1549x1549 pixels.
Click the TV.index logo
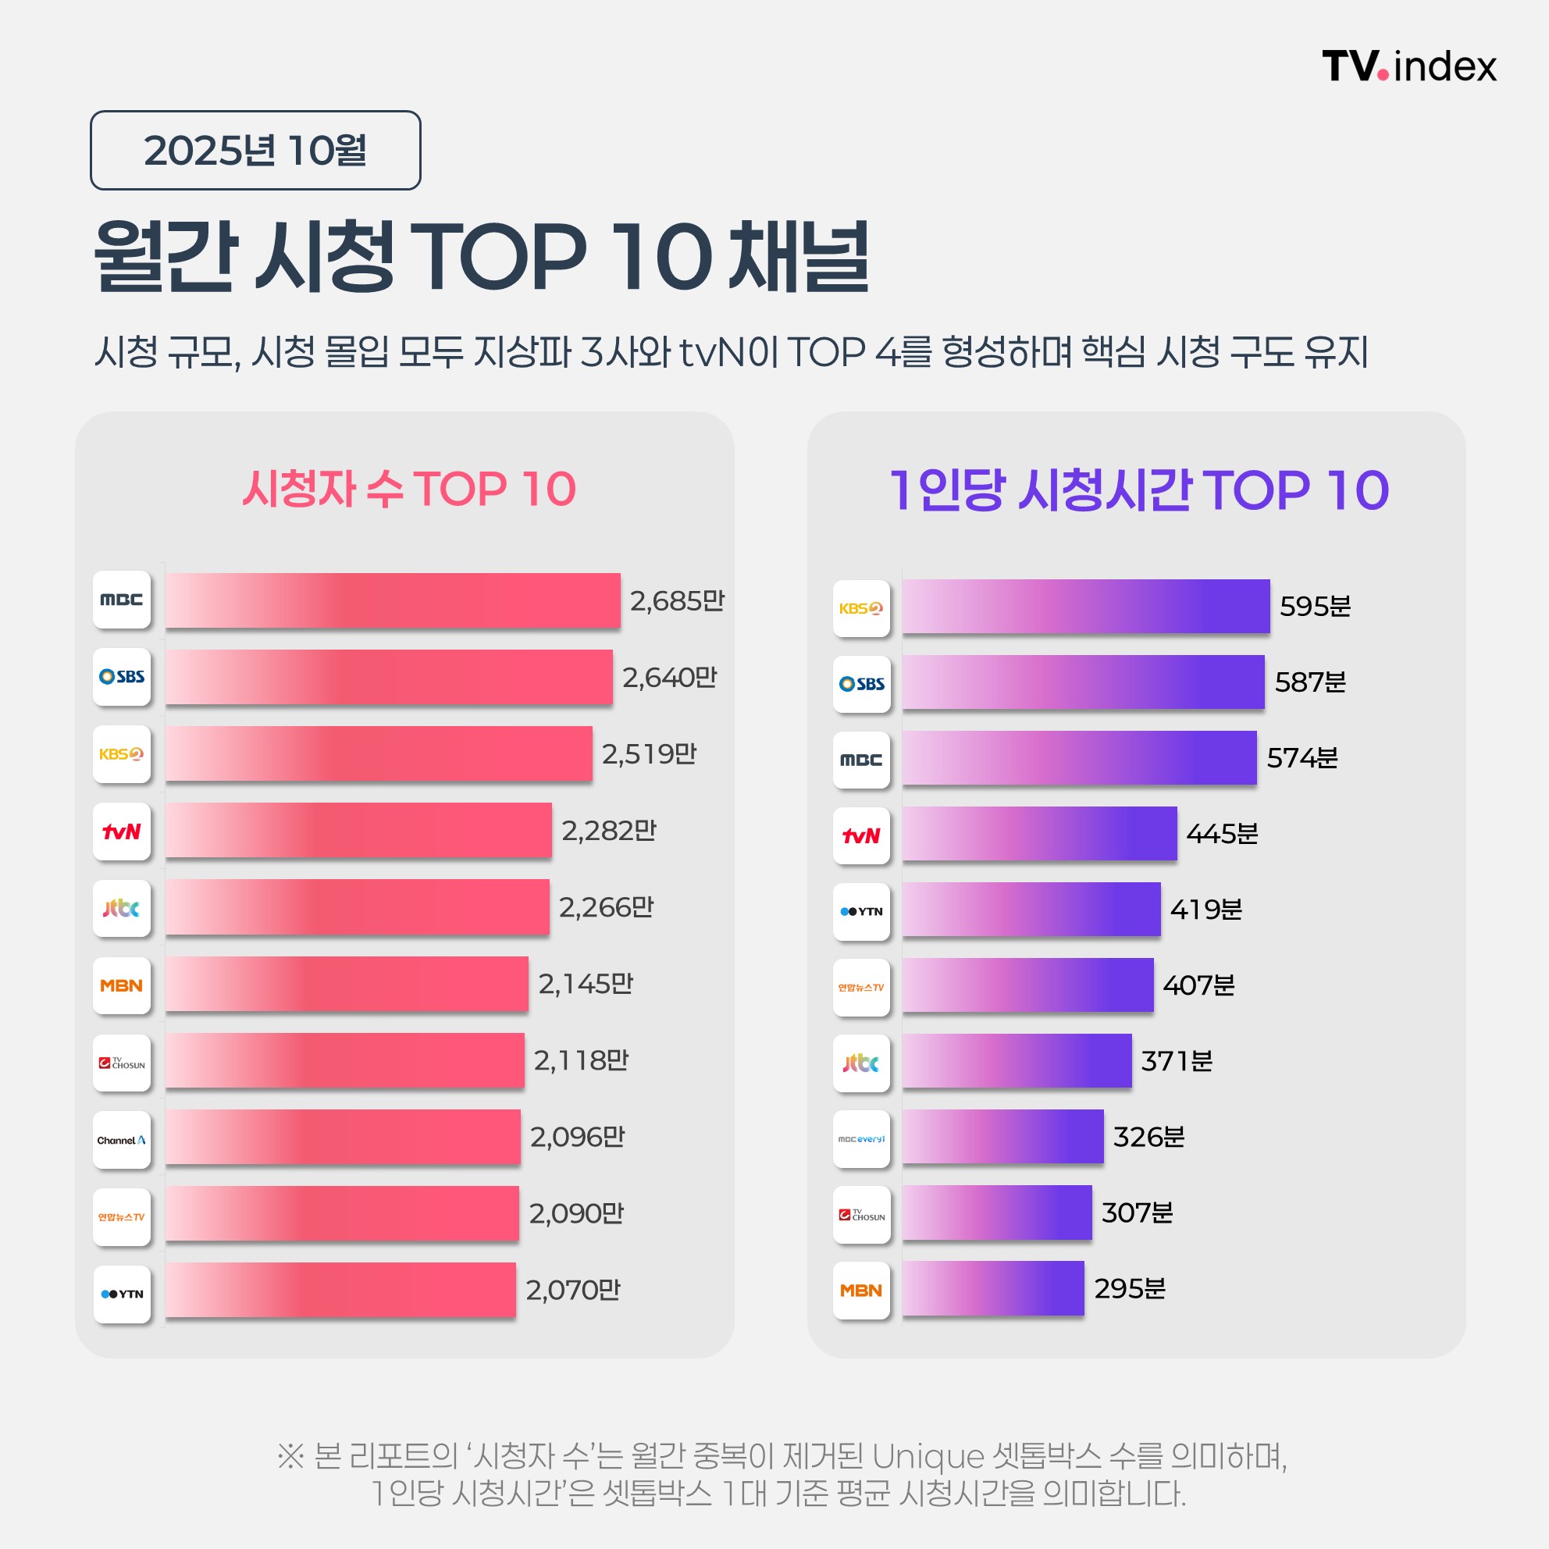coord(1408,66)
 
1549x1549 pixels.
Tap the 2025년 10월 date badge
coord(255,150)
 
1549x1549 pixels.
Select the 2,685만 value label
coord(677,600)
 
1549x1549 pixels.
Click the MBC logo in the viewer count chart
coord(122,600)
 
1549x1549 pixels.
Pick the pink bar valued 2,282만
coord(358,831)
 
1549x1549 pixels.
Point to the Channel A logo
coord(122,1139)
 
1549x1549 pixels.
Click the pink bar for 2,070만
coord(340,1289)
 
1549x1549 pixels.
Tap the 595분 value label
coord(1315,606)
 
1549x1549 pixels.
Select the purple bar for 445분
coord(1039,834)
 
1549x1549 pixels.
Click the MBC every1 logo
coord(861,1138)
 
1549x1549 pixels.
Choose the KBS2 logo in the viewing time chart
coord(861,608)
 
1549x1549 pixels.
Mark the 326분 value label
coord(1148,1137)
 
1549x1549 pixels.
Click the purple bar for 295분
coord(992,1288)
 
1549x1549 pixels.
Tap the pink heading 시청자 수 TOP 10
coord(409,488)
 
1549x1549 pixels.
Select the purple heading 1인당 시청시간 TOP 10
coord(1138,490)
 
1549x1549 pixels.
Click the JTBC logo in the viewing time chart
coord(861,1063)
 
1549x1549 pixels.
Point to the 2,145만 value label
coord(586,984)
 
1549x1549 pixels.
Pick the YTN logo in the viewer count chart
coord(122,1294)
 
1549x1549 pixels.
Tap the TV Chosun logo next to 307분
coord(861,1215)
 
